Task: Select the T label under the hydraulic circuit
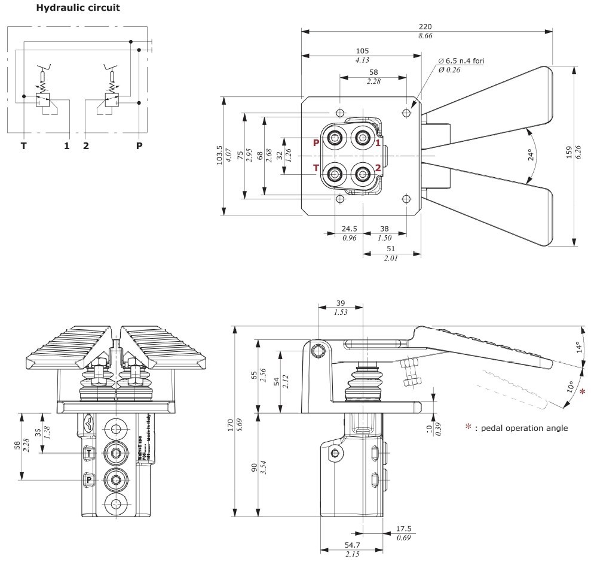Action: point(24,145)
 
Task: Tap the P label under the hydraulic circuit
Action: point(139,145)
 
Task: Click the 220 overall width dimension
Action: point(425,26)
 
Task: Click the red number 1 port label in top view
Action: point(378,142)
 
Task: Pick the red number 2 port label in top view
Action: point(378,168)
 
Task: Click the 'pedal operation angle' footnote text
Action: point(520,427)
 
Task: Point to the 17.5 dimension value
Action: point(404,528)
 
